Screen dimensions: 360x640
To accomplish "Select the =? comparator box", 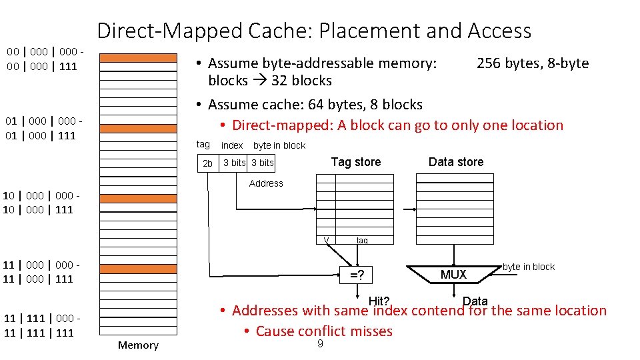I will (x=357, y=275).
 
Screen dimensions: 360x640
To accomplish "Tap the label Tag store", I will (x=356, y=162).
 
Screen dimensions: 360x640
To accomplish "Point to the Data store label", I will (x=456, y=162).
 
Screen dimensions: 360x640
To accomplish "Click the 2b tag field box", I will (x=208, y=163).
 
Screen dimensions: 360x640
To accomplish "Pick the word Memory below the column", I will (x=138, y=345).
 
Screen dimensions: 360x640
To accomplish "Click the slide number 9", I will (x=320, y=344).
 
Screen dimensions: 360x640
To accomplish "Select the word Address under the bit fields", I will (x=266, y=183).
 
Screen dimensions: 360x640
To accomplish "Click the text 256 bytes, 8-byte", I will (x=532, y=63).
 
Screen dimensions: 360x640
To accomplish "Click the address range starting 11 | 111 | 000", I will (x=41, y=325).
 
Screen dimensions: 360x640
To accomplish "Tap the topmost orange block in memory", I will (x=139, y=57).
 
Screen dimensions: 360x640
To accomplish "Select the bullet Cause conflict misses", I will (x=324, y=331).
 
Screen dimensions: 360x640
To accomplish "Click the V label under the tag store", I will (x=326, y=241).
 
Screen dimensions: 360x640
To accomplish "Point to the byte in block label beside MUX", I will (x=528, y=267).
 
